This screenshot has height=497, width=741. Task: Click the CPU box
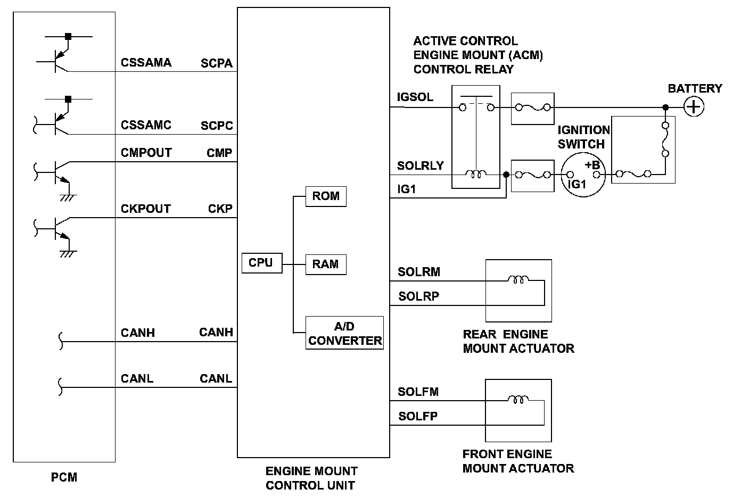click(261, 263)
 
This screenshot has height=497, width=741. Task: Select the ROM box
click(326, 196)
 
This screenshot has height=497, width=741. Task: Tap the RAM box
click(326, 264)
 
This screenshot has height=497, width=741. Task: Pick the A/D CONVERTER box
click(344, 333)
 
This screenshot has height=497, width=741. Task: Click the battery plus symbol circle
click(693, 107)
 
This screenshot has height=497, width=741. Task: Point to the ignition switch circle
click(583, 175)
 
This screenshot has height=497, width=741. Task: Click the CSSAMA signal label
click(146, 63)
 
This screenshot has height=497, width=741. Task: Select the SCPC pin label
click(217, 126)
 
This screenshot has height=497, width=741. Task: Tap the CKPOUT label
click(145, 209)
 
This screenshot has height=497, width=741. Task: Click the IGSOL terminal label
click(415, 97)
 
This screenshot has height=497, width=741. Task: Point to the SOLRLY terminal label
click(420, 165)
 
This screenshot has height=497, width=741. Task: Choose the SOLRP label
click(418, 296)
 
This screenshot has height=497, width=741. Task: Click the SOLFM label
click(418, 392)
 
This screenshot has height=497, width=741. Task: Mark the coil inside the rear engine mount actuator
click(517, 279)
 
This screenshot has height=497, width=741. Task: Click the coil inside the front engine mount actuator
click(517, 399)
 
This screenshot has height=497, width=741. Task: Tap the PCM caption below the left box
click(64, 477)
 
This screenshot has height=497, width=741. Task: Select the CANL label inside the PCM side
click(137, 379)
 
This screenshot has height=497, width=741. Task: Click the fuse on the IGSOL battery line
click(532, 108)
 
